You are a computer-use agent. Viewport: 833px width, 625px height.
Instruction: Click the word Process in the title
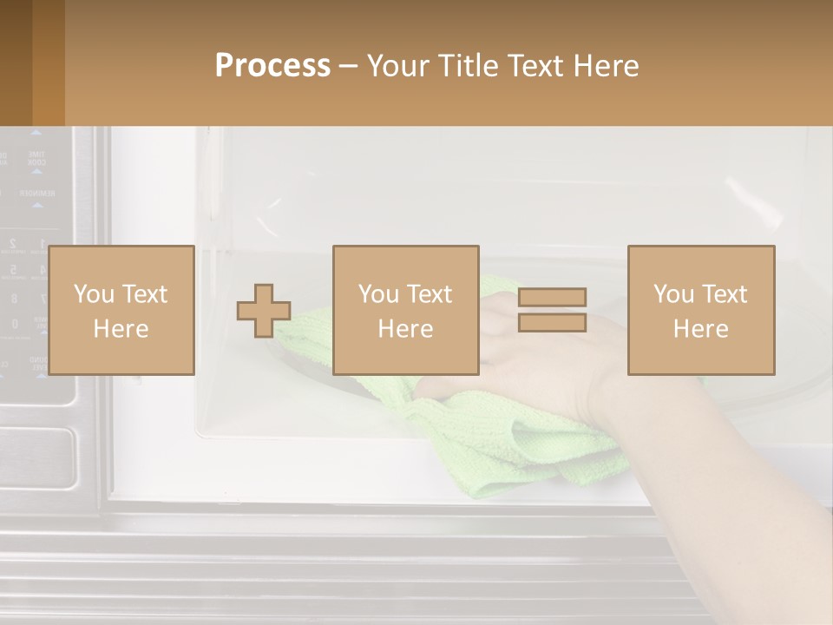[272, 66]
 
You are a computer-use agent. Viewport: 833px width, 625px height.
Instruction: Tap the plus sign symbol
[264, 311]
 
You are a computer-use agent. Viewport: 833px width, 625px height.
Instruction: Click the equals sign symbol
[552, 310]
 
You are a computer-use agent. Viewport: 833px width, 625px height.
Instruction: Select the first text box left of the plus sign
[121, 310]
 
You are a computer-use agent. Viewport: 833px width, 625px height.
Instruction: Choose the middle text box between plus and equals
[405, 310]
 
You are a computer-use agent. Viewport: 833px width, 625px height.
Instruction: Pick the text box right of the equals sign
[701, 310]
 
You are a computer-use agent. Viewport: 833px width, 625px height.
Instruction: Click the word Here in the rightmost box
[701, 329]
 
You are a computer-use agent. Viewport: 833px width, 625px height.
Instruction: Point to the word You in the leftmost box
[94, 293]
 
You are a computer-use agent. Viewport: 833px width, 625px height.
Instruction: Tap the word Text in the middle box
[430, 293]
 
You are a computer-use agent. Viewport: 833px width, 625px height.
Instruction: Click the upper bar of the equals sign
[552, 297]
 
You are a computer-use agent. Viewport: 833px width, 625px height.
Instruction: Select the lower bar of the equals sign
[552, 323]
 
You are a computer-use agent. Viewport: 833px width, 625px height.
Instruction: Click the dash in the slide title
[348, 66]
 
